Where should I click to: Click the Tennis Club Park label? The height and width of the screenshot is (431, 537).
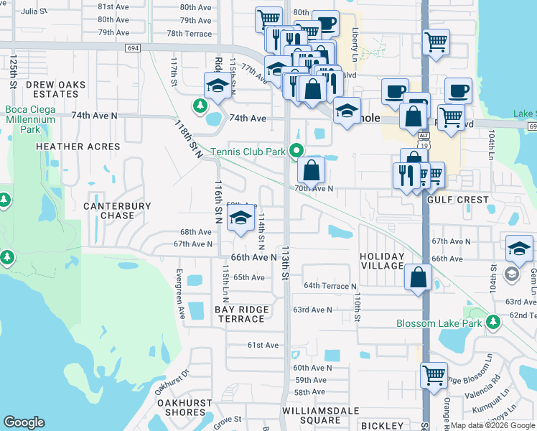click(248, 151)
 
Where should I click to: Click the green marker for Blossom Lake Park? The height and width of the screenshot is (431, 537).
click(492, 323)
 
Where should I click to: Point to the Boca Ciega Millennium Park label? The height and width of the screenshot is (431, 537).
click(29, 119)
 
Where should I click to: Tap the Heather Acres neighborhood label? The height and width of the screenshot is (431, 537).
click(78, 147)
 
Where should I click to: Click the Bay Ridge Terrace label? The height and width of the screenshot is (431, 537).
click(242, 314)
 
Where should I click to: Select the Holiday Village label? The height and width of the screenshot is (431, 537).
click(382, 261)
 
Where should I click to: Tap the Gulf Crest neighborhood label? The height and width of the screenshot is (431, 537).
click(457, 200)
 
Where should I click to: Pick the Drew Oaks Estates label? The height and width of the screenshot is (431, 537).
click(55, 89)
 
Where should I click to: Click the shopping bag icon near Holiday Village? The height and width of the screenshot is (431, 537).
click(418, 277)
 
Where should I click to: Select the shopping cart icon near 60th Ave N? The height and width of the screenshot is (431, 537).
click(434, 374)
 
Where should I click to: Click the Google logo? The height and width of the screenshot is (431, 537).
click(24, 422)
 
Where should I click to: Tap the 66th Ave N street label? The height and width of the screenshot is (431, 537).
click(253, 257)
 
